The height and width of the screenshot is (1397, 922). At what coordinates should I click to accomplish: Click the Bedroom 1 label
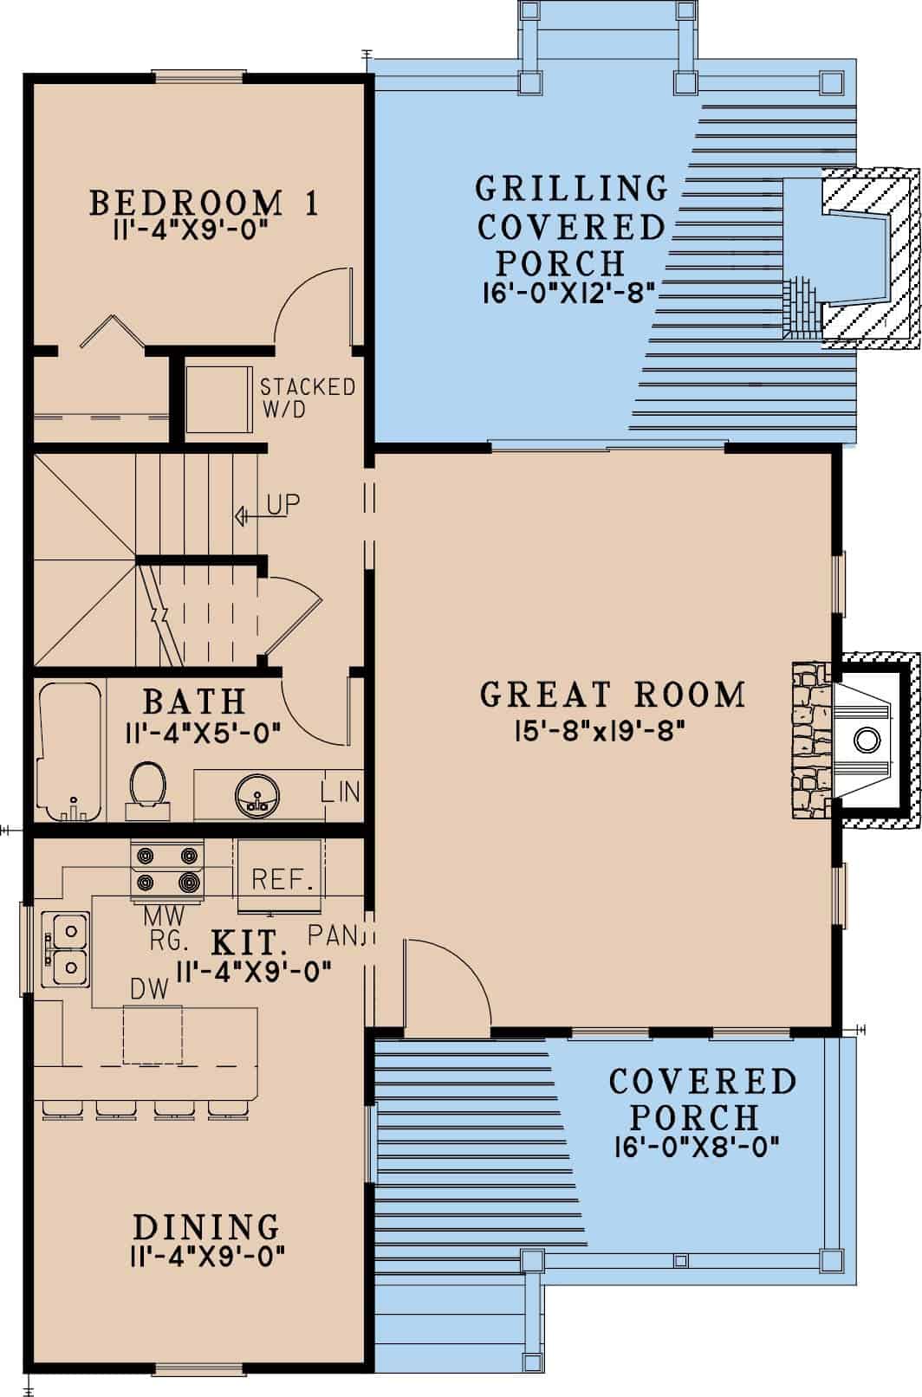205,203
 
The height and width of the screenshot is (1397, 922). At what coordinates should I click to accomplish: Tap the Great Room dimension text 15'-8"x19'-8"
600,733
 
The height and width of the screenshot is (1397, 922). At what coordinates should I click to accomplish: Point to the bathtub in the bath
69,750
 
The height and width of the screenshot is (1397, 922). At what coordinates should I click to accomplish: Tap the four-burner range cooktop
165,870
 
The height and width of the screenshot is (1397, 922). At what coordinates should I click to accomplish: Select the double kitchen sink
68,948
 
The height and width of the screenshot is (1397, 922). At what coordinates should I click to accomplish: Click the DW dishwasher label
149,989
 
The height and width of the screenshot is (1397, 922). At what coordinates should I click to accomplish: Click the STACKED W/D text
307,398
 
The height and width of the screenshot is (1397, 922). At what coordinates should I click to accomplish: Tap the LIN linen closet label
340,792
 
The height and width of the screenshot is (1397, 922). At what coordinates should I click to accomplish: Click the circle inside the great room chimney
866,740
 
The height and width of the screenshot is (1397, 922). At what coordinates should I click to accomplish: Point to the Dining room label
206,1227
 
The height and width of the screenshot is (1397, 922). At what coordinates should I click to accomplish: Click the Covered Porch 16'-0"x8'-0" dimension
697,1148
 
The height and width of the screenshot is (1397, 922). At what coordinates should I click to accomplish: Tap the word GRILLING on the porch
572,188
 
